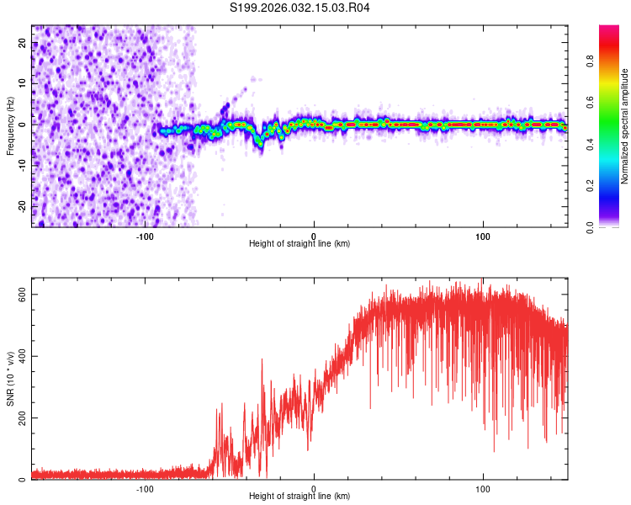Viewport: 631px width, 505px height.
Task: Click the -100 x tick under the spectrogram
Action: [145, 235]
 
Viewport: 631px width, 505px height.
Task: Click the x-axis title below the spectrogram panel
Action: [300, 244]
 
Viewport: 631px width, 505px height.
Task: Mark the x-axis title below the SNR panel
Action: [300, 497]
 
